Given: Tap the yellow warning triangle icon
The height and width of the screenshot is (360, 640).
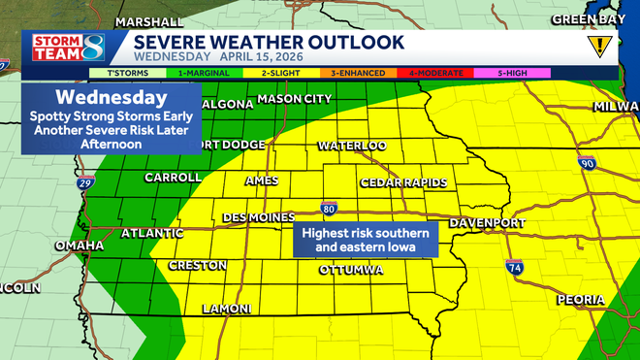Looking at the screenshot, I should pos(600,45).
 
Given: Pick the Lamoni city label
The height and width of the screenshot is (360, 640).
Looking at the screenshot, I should pos(226,309).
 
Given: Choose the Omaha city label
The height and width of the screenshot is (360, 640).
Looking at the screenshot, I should pos(79,245).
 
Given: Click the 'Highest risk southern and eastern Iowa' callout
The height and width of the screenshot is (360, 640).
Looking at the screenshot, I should pos(366,241).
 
